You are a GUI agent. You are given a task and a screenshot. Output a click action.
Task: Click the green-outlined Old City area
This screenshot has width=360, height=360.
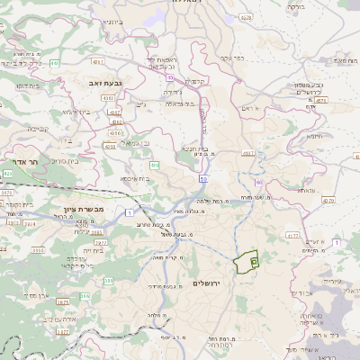tap(246, 263)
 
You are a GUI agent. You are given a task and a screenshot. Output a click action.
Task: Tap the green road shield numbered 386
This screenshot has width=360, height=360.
tap(84, 296)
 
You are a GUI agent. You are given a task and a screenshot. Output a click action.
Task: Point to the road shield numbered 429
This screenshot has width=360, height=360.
tap(8, 172)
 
